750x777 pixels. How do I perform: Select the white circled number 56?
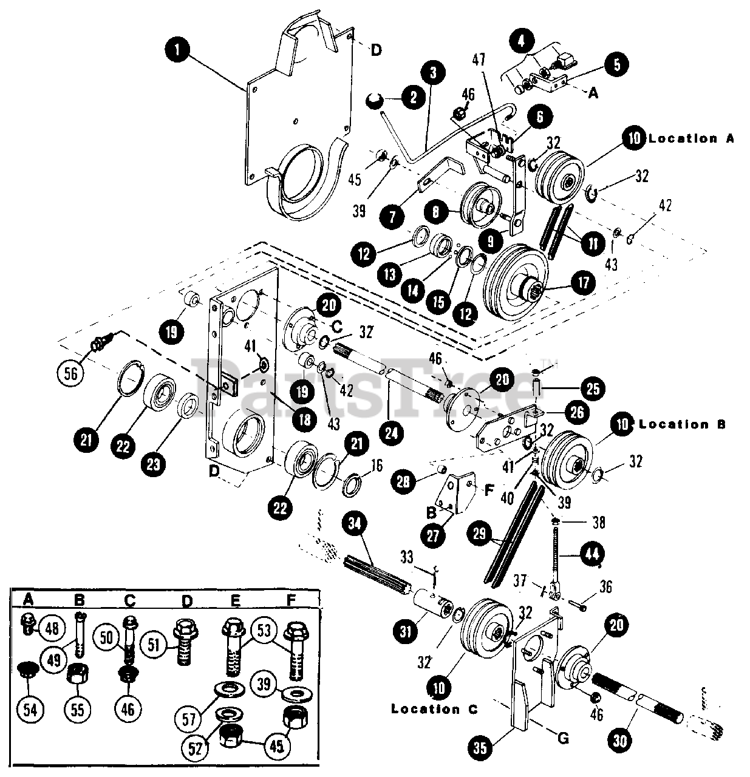[x=70, y=373]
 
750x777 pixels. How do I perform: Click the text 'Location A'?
[x=691, y=138]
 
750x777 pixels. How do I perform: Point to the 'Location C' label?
[x=434, y=708]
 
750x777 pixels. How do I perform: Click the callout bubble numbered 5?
[x=616, y=65]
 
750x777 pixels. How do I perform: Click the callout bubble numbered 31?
[x=406, y=632]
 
